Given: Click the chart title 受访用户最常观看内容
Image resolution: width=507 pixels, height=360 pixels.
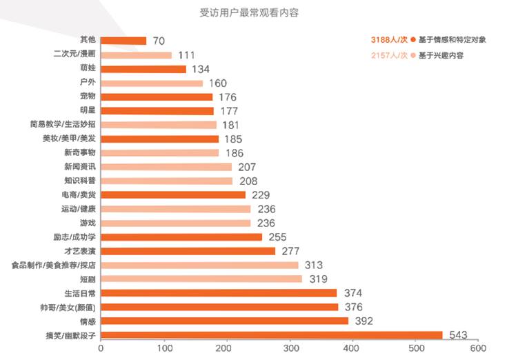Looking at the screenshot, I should coord(253,12).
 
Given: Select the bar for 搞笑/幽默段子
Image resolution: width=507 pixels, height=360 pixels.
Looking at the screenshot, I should coord(272,335).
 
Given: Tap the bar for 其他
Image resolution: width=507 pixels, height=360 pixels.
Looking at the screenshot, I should coord(123,41).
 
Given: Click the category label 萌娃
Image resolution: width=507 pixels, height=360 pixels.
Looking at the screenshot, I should coord(88,69).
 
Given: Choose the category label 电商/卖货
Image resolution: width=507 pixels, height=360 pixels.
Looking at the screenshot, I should coord(80,194).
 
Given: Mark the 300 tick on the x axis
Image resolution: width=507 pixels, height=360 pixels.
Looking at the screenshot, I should coord(290,349).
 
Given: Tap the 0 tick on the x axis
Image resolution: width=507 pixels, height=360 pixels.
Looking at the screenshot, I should coord(101,349).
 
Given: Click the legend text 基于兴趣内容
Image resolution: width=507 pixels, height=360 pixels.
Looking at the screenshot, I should coord(441,55).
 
